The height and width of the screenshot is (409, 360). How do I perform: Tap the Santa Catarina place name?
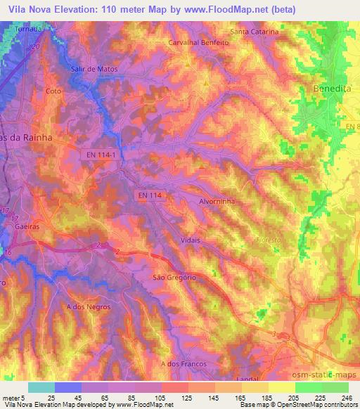pyautogui.click(x=255, y=32)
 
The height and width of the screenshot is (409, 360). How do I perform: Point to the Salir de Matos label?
pyautogui.click(x=94, y=69)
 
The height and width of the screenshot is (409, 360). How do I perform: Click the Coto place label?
pyautogui.click(x=53, y=91)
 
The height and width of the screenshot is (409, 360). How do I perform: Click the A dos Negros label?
pyautogui.click(x=84, y=307)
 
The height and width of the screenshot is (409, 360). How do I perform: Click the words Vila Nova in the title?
pyautogui.click(x=27, y=9)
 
